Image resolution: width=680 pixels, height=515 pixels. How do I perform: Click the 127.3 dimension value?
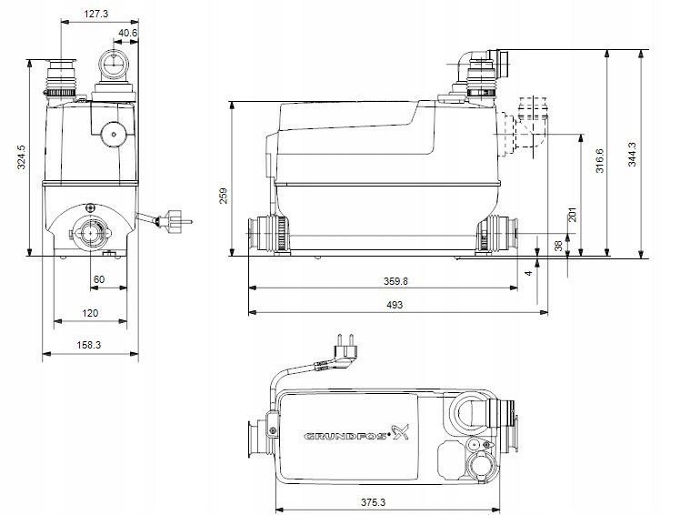click(95, 14)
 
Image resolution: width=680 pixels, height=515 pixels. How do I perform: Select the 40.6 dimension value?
click(127, 33)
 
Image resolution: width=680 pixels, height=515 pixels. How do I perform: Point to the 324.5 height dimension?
click(22, 157)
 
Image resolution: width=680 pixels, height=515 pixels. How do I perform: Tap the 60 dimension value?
click(99, 279)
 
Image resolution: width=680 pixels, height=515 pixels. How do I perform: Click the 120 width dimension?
click(90, 313)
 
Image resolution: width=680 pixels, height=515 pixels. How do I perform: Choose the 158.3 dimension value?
click(89, 345)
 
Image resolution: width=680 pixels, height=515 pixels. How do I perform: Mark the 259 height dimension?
click(224, 196)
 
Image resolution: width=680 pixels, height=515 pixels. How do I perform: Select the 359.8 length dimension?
click(395, 281)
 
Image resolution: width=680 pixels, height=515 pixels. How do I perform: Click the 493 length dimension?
click(395, 305)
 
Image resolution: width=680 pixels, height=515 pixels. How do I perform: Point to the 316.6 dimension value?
click(599, 161)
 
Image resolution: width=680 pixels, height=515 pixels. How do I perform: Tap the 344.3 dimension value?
click(632, 155)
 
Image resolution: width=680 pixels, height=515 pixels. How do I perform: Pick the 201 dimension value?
click(573, 215)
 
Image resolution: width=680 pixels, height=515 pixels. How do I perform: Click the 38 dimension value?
click(558, 246)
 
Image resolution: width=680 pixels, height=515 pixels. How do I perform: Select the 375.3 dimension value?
click(373, 502)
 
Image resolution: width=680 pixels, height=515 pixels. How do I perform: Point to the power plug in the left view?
click(173, 220)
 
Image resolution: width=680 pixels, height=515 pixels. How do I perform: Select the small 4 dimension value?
click(528, 273)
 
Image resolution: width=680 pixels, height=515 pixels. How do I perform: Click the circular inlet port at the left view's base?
click(91, 233)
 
